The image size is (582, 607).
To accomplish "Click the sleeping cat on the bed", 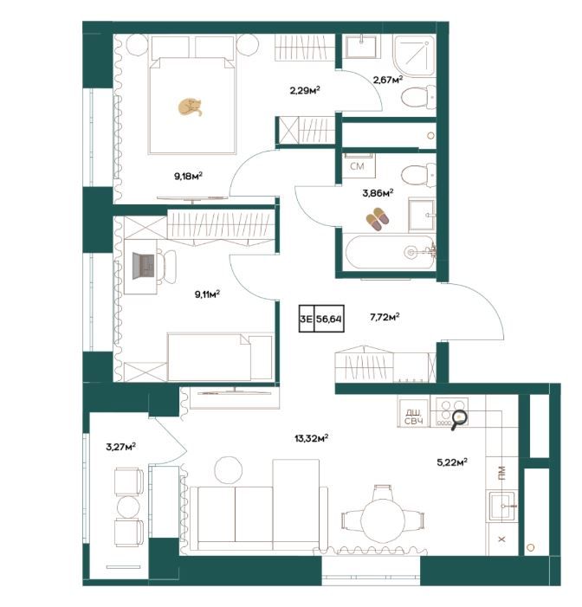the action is click(x=190, y=107).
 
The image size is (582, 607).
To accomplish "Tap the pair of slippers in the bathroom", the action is click(x=378, y=219).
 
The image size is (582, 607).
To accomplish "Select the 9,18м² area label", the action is click(x=189, y=177).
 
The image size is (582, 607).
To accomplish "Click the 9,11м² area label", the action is click(x=207, y=294).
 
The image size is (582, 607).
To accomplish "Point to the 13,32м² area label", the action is click(x=311, y=438).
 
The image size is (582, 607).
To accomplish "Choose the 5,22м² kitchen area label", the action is click(x=452, y=462).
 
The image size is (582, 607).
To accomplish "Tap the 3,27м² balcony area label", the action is click(x=120, y=447).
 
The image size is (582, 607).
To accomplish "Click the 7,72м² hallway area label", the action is click(x=385, y=318).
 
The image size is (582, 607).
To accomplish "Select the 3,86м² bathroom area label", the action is click(x=378, y=193).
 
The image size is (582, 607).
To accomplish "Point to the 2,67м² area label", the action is click(x=388, y=80).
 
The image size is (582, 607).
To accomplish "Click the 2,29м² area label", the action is click(x=305, y=91).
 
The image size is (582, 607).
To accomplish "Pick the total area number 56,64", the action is click(x=329, y=319).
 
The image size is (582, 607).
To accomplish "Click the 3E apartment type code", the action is click(x=307, y=319).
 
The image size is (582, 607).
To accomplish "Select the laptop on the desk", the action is click(x=144, y=266).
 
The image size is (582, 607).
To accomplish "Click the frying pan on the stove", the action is click(x=458, y=419).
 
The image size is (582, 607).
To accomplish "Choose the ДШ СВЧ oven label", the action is click(x=414, y=417).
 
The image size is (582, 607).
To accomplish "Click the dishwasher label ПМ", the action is click(x=501, y=473).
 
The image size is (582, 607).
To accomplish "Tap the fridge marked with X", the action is click(x=501, y=539).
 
